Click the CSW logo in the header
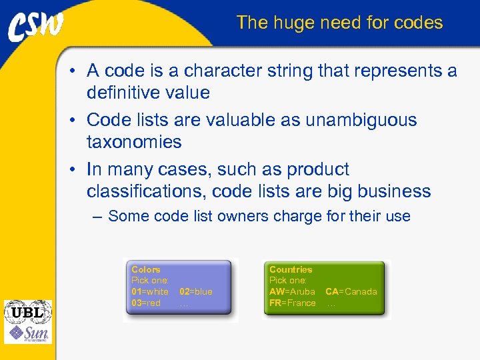36,27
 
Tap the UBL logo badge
28,312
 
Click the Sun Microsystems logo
28,333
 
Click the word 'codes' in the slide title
418,23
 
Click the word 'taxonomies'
134,142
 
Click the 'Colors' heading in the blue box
146,269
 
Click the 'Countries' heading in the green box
291,269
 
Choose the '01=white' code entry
150,292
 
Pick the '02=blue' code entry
196,292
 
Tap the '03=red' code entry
146,303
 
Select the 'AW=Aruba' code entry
292,292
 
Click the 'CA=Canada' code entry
351,292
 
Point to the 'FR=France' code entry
293,303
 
